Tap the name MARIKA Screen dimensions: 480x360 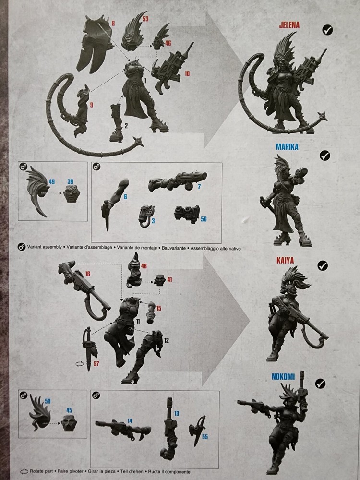click(x=287, y=147)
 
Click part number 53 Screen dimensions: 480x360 click(x=145, y=19)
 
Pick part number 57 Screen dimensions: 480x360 click(x=96, y=363)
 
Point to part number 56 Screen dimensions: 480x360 click(x=204, y=219)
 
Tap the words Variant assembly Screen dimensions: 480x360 click(x=45, y=248)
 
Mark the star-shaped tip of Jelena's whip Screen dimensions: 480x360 click(x=140, y=142)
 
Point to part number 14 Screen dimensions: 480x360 click(x=130, y=421)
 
